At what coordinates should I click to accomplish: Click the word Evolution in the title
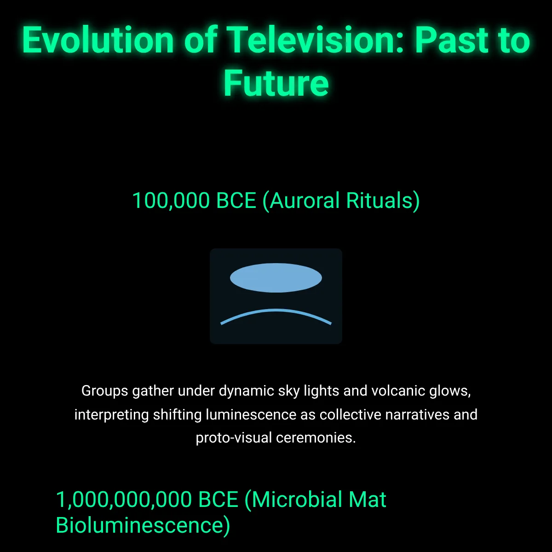pos(98,40)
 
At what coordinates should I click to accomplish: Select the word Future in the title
pos(276,83)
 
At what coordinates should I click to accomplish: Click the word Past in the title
pos(451,40)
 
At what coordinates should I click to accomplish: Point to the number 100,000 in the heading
pos(171,201)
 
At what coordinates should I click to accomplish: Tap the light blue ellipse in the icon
pos(276,277)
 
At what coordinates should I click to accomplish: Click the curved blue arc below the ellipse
pos(276,310)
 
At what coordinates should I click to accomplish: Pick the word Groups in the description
pos(104,391)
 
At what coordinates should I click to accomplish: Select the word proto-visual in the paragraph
pos(234,438)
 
